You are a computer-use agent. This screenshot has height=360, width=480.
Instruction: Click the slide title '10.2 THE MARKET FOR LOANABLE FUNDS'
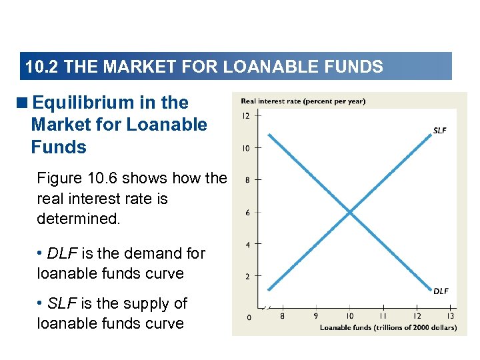(204, 67)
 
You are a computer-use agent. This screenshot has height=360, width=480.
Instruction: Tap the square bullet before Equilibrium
(25, 103)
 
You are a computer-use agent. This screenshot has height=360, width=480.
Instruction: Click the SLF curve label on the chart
(439, 131)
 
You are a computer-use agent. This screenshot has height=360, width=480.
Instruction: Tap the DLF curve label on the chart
(441, 291)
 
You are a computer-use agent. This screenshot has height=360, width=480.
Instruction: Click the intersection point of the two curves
(349, 213)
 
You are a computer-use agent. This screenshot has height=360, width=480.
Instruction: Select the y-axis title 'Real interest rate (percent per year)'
(303, 101)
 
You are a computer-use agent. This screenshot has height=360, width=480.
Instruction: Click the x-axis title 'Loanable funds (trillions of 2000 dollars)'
(388, 327)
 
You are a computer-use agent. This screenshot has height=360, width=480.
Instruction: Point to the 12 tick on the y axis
(246, 115)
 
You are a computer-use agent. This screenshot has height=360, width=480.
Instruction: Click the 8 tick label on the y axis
(248, 180)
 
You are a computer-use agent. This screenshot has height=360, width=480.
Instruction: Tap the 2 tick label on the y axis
(248, 276)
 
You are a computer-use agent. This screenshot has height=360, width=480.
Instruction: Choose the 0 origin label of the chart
(249, 317)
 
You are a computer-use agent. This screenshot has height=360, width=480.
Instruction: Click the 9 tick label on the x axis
(315, 316)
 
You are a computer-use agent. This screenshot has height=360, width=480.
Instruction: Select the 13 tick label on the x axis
(450, 316)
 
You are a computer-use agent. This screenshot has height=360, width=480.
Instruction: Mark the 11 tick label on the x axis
(383, 316)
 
